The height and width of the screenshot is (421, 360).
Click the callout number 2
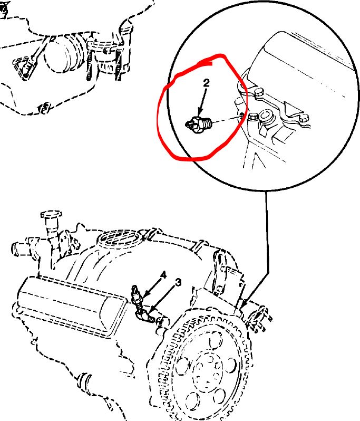206,83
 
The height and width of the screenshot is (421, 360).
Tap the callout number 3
178,282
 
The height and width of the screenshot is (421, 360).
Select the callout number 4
163,275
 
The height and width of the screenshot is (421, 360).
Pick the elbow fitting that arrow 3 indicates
145,315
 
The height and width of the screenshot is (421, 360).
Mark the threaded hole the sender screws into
241,116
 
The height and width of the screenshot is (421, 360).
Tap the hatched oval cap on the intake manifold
119,237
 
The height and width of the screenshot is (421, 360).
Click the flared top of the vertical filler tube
51,215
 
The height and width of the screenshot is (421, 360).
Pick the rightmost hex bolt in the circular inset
303,118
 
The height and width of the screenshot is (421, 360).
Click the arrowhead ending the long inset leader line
244,304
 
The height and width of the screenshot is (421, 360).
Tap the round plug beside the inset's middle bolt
266,116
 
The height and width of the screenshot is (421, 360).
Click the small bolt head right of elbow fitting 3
160,320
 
